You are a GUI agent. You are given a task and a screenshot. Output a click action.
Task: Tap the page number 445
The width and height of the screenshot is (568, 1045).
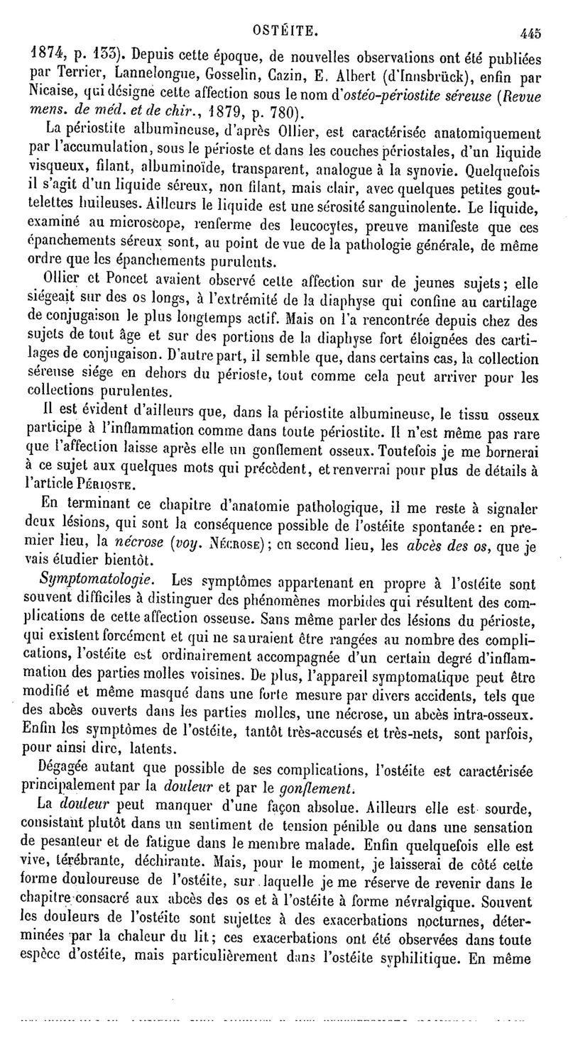tap(530, 33)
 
